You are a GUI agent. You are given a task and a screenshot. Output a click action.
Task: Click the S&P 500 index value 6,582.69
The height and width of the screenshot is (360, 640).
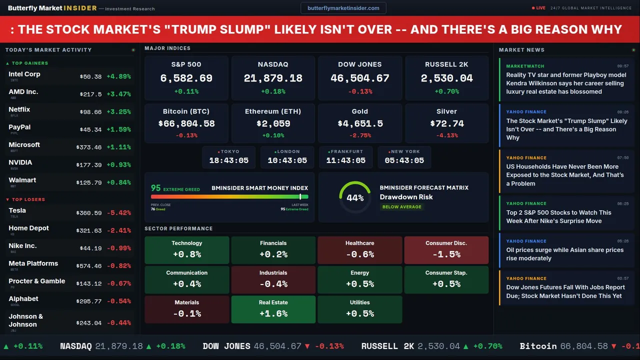(x=186, y=78)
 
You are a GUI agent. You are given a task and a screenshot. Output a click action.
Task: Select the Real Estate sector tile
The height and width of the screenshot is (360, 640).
(x=273, y=309)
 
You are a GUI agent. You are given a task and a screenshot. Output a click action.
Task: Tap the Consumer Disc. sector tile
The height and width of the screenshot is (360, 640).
(x=446, y=250)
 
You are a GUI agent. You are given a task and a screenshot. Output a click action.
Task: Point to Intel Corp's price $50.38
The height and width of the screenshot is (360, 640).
(x=90, y=77)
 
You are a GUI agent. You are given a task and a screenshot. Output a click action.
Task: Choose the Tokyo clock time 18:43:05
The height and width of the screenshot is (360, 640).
(x=229, y=160)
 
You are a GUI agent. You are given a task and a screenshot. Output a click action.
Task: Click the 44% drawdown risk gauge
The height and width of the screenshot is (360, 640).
(x=355, y=197)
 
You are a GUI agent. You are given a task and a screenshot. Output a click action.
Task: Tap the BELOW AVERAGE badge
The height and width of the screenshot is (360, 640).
(x=401, y=207)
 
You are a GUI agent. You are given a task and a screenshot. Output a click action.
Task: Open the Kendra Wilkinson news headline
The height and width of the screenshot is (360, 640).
(x=566, y=83)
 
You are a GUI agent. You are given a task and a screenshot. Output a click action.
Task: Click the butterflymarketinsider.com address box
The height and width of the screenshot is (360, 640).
(x=343, y=8)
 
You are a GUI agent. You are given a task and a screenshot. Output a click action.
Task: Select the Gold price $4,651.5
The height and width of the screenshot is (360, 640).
(x=359, y=123)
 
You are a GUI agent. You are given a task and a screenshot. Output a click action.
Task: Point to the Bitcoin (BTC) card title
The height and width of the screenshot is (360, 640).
(x=186, y=111)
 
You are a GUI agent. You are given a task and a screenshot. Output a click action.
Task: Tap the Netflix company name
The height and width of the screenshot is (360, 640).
(x=19, y=109)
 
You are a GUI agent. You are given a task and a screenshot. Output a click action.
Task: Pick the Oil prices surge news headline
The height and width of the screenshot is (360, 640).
(x=564, y=254)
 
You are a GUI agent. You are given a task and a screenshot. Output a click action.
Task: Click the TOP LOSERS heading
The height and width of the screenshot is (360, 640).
(x=28, y=199)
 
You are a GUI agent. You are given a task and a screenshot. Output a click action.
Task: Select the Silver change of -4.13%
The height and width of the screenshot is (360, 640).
(x=446, y=135)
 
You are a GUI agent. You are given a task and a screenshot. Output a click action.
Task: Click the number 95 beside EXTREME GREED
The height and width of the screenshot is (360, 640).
(x=156, y=188)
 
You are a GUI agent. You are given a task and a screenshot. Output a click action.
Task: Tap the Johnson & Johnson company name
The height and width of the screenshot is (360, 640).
(x=26, y=320)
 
